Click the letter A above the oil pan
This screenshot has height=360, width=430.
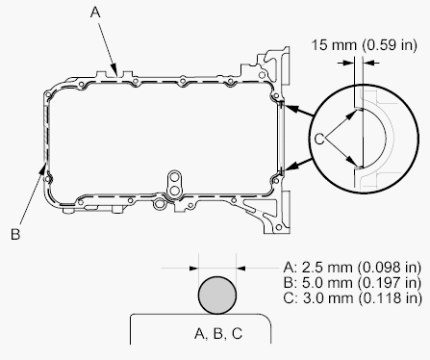click(x=95, y=13)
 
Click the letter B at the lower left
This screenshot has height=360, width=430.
click(x=15, y=234)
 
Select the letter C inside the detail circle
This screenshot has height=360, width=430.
click(x=318, y=140)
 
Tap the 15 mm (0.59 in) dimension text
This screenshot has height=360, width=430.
click(x=365, y=45)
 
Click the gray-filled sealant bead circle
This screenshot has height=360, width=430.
click(x=217, y=296)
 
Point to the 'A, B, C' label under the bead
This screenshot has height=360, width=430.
click(x=218, y=334)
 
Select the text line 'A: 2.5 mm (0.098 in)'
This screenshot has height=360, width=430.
click(x=352, y=267)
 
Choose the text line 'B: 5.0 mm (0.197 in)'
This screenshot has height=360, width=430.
click(x=352, y=282)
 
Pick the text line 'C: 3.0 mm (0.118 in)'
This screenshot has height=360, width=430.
click(x=352, y=298)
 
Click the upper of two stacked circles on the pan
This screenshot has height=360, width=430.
click(x=174, y=177)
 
